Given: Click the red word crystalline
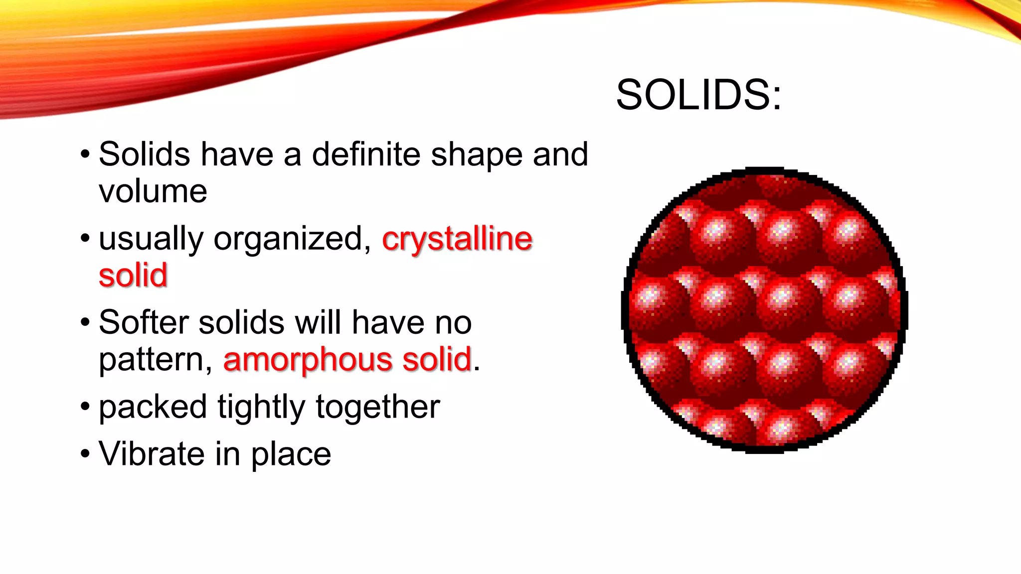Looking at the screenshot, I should click(457, 239).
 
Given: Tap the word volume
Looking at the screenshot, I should click(153, 191).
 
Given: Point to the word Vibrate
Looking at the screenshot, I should click(151, 453).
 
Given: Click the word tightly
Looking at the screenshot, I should click(261, 408).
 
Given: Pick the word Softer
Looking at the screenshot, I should click(144, 322).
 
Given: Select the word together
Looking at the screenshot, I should click(378, 407).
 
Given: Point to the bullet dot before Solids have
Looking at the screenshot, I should click(85, 154).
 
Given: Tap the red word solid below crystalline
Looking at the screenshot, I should click(133, 276).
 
